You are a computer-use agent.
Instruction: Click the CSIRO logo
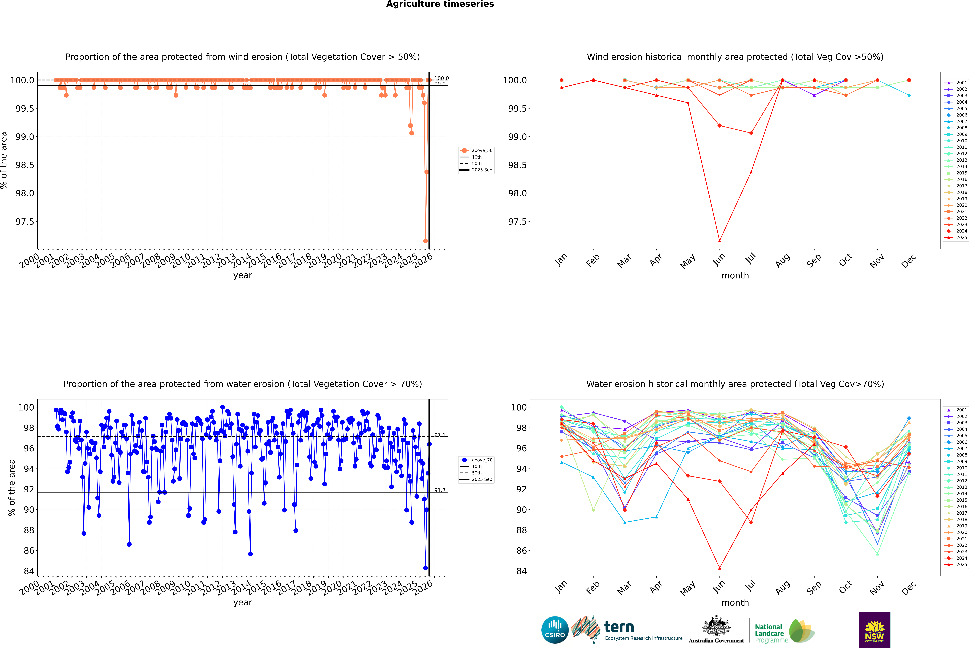[x=555, y=630]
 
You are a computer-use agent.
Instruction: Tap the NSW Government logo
[x=874, y=630]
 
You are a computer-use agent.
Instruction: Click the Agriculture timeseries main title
[x=440, y=4]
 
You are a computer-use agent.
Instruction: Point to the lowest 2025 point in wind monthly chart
[x=719, y=241]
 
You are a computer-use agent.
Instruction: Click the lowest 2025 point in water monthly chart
[x=719, y=568]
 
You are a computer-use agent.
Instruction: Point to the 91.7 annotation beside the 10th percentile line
[x=440, y=490]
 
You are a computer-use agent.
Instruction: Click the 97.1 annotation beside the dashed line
[x=440, y=435]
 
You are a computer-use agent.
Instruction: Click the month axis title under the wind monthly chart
[x=735, y=276]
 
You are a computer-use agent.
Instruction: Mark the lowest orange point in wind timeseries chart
[x=425, y=241]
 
